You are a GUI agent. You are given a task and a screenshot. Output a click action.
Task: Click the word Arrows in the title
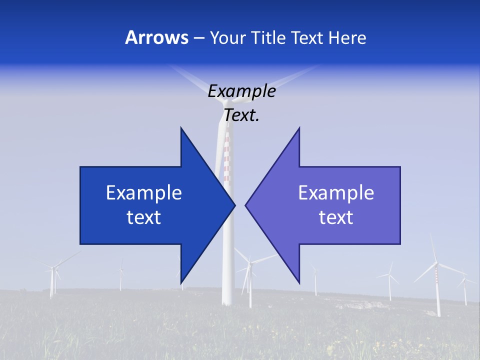tap(156, 37)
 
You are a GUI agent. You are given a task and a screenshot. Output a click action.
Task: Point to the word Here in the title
tap(347, 37)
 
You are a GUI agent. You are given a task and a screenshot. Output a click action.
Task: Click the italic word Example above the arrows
tap(241, 91)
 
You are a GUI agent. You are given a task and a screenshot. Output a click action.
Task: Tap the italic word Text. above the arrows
tap(241, 115)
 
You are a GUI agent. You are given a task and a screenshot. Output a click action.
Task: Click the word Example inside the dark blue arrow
tap(144, 193)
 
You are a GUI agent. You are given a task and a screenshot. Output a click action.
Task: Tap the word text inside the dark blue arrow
tap(144, 217)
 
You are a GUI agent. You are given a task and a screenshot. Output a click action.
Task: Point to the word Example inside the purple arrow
tap(336, 193)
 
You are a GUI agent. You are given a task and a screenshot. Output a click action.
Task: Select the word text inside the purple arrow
tap(336, 217)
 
